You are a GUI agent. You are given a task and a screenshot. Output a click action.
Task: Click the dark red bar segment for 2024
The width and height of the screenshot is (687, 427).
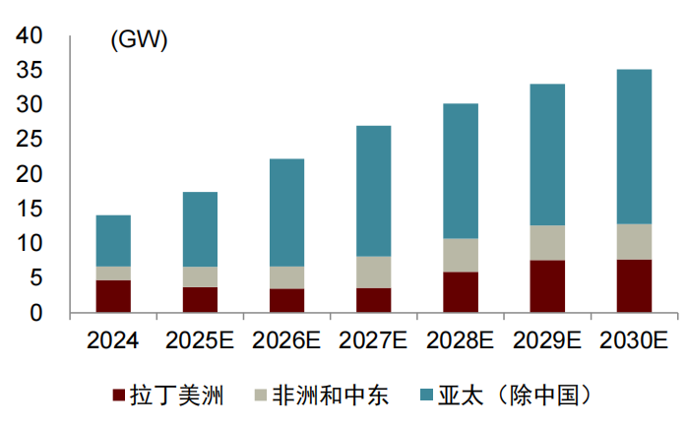click(x=113, y=296)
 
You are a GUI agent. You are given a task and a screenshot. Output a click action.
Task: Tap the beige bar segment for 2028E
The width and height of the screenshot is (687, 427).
click(x=461, y=255)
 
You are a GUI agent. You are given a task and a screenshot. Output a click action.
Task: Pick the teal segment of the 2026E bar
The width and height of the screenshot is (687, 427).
click(x=286, y=213)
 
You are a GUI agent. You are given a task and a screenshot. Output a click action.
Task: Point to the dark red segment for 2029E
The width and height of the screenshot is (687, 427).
click(x=547, y=286)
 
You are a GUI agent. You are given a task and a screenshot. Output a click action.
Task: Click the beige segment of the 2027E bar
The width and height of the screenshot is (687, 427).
click(x=373, y=272)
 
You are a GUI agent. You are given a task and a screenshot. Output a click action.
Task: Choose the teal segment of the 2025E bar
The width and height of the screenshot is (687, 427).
click(x=200, y=229)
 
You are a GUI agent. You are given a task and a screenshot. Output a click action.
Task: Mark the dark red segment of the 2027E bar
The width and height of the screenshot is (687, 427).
click(x=373, y=300)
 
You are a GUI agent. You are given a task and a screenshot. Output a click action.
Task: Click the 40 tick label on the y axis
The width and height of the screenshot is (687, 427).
click(x=30, y=36)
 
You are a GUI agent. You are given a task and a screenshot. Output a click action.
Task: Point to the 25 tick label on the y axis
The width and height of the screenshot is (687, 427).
click(x=30, y=140)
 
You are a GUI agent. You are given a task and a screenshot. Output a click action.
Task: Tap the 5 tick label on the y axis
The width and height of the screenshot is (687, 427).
click(x=36, y=278)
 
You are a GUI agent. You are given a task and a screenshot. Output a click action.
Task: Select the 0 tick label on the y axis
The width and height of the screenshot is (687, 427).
click(x=36, y=313)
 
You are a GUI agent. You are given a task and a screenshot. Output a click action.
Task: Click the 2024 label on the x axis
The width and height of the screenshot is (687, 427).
click(x=112, y=341)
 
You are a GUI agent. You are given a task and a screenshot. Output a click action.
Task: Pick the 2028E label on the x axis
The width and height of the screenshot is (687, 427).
click(x=461, y=341)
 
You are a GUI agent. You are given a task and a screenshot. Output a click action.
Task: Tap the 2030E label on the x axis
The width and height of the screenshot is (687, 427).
click(x=634, y=341)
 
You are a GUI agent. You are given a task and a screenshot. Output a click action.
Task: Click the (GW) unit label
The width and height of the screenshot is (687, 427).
click(x=139, y=40)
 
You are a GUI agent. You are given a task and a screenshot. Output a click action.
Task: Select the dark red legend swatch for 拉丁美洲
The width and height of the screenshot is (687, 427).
click(x=119, y=396)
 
